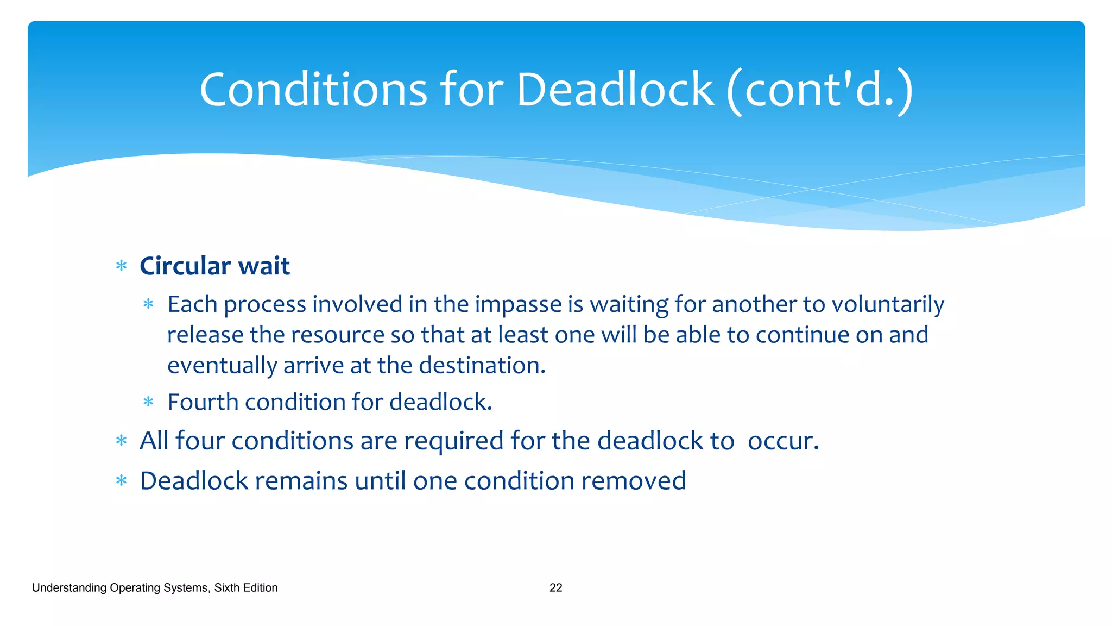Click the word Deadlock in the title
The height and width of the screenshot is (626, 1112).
tap(615, 90)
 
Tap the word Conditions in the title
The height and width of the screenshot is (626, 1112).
tap(313, 90)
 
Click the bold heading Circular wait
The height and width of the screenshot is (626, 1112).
tap(214, 266)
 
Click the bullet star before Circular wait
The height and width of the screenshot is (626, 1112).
tap(122, 266)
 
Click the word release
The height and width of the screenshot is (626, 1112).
tap(205, 335)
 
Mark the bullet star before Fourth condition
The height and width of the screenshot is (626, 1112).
tap(148, 403)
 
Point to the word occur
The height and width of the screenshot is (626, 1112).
tap(782, 441)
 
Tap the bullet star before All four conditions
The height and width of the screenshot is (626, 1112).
tap(122, 441)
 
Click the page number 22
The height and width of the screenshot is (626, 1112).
tap(555, 588)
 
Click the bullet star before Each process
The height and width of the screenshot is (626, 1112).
tap(148, 304)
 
